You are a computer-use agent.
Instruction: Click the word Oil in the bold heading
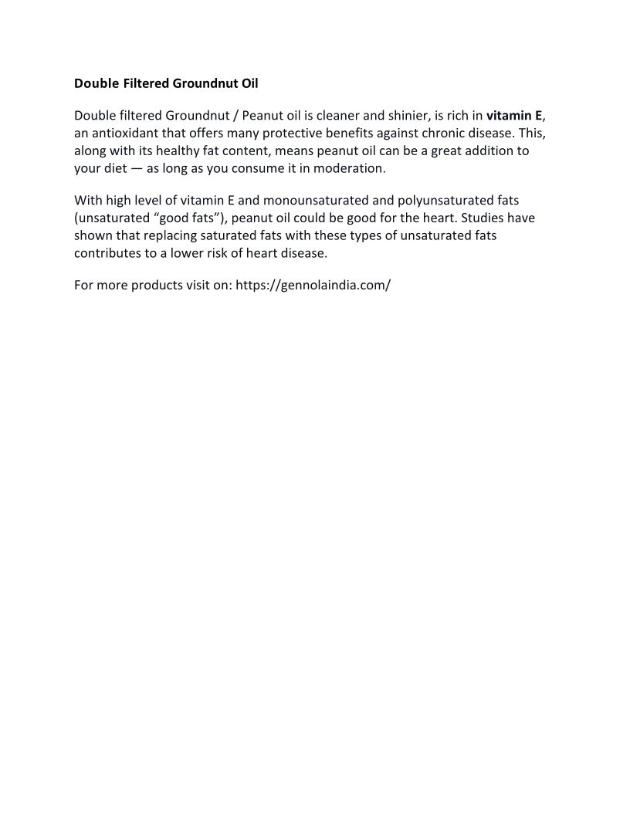[x=259, y=83]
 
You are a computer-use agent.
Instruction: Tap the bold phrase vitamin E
[x=514, y=117]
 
